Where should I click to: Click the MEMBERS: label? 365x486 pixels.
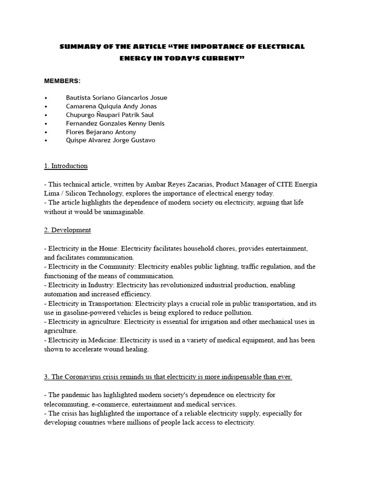pos(62,81)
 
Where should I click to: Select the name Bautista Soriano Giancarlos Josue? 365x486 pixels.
pos(116,98)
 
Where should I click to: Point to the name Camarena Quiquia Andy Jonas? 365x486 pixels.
pos(111,106)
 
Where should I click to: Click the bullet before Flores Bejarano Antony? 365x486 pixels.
pos(46,132)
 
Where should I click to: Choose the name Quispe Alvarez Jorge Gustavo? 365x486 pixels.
pos(110,140)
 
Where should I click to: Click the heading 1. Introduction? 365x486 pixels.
pos(66,166)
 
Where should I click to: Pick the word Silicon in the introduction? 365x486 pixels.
pos(76,193)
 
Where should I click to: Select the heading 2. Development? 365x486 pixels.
pos(67,230)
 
